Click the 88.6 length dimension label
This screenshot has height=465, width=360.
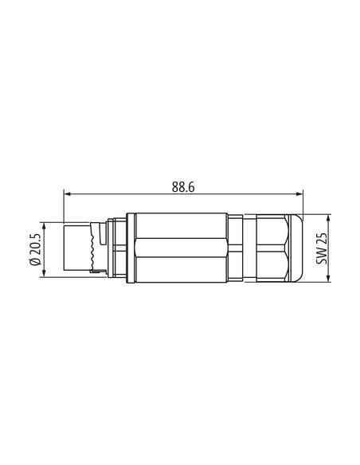click(183, 187)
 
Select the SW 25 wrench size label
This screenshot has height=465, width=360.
click(322, 248)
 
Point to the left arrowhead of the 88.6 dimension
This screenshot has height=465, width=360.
click(68, 194)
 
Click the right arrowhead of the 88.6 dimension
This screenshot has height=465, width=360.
click(299, 194)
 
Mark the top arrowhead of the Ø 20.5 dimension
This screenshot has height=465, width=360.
click(44, 227)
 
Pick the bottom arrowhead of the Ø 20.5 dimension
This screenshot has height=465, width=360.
click(44, 273)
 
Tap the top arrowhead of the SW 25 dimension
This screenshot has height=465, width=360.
click(328, 218)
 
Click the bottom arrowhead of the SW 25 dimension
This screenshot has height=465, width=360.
click(328, 278)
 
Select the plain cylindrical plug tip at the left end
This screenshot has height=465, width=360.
click(76, 248)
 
